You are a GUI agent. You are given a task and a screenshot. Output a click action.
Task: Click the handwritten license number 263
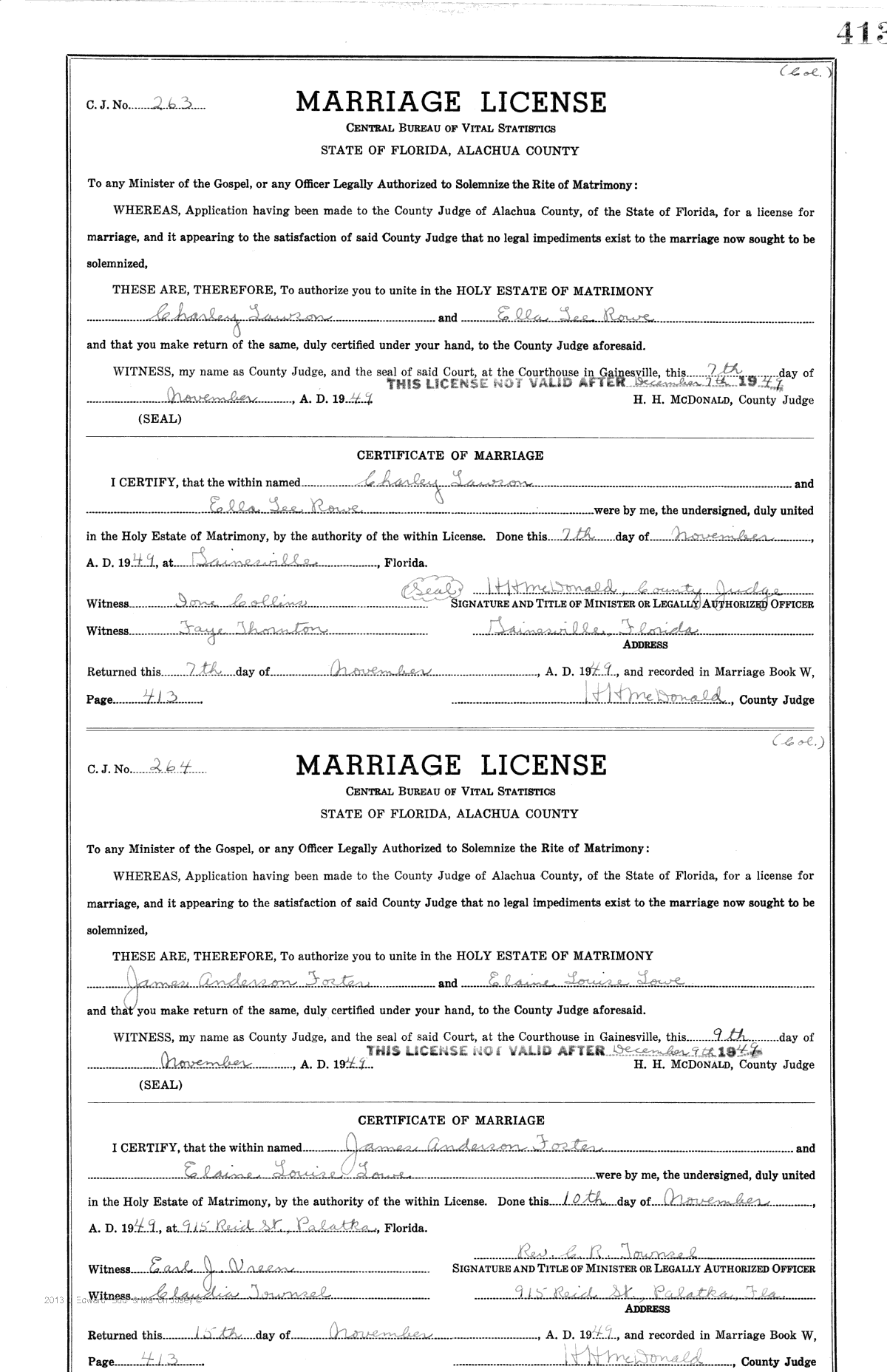tap(171, 104)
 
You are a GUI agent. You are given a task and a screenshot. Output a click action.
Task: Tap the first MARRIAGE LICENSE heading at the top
tap(450, 102)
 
